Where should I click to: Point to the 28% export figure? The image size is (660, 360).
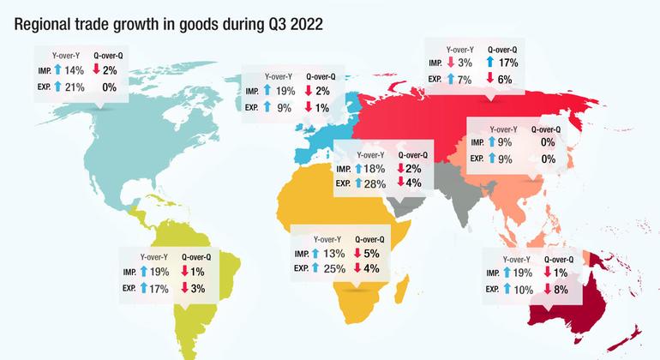pyautogui.click(x=374, y=183)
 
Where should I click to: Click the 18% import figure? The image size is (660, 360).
pyautogui.click(x=374, y=169)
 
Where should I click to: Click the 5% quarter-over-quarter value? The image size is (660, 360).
pyautogui.click(x=371, y=253)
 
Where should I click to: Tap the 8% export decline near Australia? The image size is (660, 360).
pyautogui.click(x=561, y=290)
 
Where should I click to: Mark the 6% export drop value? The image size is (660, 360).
pyautogui.click(x=504, y=79)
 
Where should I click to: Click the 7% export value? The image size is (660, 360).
pyautogui.click(x=465, y=79)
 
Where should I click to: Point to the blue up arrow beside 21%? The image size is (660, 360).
pyautogui.click(x=57, y=87)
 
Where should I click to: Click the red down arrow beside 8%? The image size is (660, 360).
pyautogui.click(x=548, y=290)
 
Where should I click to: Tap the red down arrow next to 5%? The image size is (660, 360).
pyautogui.click(x=358, y=253)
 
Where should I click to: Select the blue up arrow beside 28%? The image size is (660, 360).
pyautogui.click(x=358, y=183)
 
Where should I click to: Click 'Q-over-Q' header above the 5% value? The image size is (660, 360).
pyautogui.click(x=369, y=239)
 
